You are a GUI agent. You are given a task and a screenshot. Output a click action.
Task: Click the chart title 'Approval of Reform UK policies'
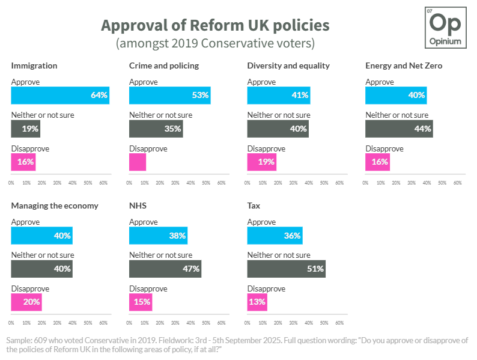click(x=214, y=26)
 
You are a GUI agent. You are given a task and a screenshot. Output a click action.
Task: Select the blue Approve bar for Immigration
click(x=60, y=95)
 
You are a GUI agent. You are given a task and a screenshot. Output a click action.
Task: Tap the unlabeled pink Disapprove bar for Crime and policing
click(x=138, y=162)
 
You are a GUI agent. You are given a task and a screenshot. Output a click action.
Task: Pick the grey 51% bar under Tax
click(x=286, y=269)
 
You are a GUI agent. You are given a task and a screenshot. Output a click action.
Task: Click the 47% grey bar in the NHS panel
click(x=165, y=269)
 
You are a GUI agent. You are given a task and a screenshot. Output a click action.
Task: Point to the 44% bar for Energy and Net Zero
click(x=399, y=129)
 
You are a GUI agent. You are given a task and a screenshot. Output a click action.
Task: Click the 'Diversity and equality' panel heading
click(x=288, y=66)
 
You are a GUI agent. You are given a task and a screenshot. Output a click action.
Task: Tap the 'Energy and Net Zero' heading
click(x=404, y=66)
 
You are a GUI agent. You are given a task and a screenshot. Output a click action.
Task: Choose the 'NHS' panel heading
click(x=138, y=206)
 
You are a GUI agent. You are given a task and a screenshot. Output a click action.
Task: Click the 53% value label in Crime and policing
click(x=200, y=95)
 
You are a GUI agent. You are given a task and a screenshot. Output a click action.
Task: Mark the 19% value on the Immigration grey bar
click(x=31, y=129)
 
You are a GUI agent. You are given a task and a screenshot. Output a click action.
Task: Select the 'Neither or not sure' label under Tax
click(x=279, y=255)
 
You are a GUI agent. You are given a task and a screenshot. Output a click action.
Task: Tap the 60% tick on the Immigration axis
click(x=103, y=182)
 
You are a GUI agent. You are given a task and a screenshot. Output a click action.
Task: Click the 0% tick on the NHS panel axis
click(x=130, y=322)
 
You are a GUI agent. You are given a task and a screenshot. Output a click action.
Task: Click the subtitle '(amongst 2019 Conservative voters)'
click(x=214, y=44)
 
